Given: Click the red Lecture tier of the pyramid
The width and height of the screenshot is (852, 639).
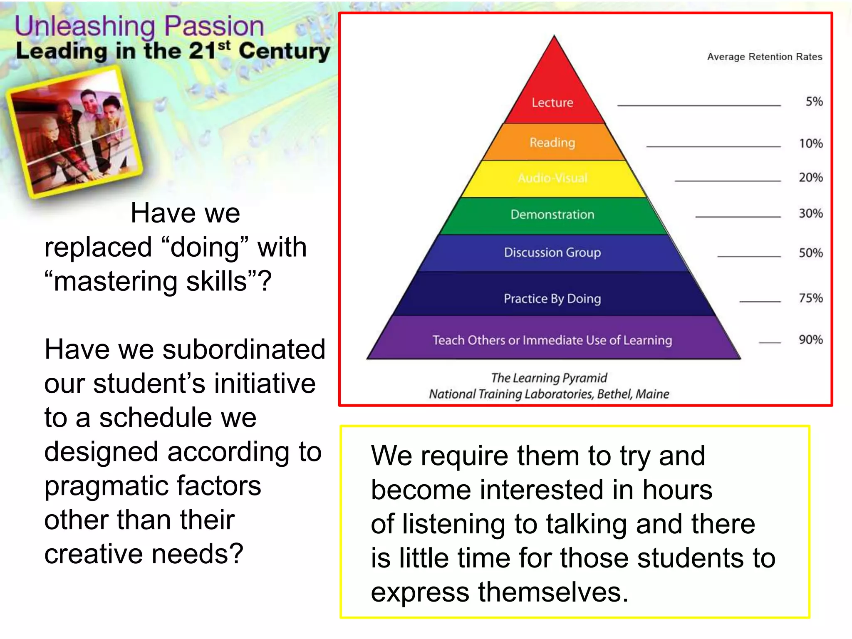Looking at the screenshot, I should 553,102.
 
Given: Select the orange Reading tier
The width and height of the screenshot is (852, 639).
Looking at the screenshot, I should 552,143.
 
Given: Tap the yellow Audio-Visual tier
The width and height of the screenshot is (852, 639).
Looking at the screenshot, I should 552,178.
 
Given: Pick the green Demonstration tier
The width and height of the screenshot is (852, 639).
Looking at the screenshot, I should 552,215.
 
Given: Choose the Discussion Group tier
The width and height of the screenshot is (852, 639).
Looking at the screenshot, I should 552,253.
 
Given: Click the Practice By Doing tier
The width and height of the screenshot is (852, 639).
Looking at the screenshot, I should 552,298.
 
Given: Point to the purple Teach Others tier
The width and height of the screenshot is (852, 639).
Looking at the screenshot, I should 552,340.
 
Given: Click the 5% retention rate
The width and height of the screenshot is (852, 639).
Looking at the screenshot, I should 814,102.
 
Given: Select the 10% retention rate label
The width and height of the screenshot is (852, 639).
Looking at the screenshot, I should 811,144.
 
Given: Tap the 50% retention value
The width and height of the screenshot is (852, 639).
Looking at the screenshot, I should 811,253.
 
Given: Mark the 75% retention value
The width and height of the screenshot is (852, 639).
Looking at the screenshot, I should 811,298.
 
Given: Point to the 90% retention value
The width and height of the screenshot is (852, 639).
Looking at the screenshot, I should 811,340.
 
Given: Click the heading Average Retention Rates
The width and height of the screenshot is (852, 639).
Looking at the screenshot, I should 765,57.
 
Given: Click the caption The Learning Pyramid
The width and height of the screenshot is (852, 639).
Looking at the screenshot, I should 549,378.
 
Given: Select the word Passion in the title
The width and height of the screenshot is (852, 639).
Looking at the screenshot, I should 214,26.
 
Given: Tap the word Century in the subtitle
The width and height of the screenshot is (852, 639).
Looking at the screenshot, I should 285,51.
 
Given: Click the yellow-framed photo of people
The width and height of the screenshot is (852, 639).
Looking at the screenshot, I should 74,132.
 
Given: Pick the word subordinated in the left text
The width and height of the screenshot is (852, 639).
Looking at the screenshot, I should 244,349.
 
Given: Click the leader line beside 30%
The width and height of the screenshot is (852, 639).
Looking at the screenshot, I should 738,217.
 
